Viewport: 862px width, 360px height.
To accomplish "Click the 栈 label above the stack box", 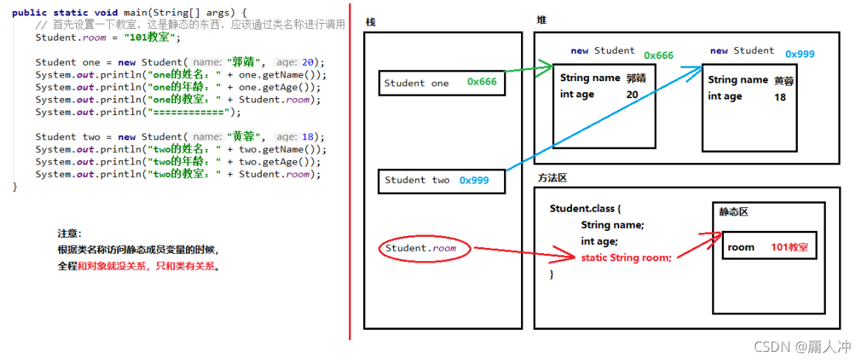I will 370,22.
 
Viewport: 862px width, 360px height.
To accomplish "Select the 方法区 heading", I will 552,178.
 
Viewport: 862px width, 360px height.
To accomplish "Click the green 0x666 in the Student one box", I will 482,83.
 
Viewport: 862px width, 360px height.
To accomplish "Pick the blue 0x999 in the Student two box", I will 474,180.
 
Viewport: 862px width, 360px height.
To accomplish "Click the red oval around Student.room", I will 421,249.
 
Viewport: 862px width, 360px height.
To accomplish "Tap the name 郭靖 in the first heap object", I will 635,78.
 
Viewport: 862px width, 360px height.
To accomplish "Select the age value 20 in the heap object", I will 632,94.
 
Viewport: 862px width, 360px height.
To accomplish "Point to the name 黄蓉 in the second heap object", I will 785,80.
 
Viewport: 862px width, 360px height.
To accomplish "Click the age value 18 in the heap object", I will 780,97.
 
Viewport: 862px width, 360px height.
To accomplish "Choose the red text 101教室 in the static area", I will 789,247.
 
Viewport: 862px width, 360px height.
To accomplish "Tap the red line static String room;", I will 626,257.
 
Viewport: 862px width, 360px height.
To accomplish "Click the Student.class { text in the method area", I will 590,209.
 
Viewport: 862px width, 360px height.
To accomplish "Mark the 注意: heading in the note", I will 69,233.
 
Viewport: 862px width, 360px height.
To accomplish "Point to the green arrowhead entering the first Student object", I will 548,67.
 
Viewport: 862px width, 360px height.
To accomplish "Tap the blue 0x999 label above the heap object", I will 800,54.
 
